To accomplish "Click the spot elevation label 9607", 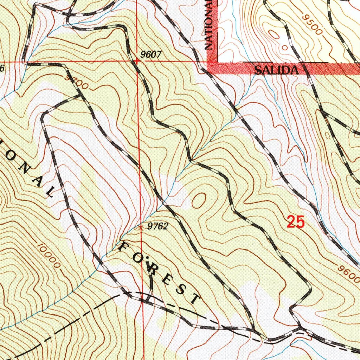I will point(150,54).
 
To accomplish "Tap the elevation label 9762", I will point(157,226).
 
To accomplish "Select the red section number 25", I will point(295,222).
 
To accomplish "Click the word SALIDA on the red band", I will point(276,70).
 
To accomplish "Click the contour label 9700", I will point(76,82).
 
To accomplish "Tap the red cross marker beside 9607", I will point(136,60).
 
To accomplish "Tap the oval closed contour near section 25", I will point(199,200).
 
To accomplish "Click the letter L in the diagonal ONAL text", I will point(50,192).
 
